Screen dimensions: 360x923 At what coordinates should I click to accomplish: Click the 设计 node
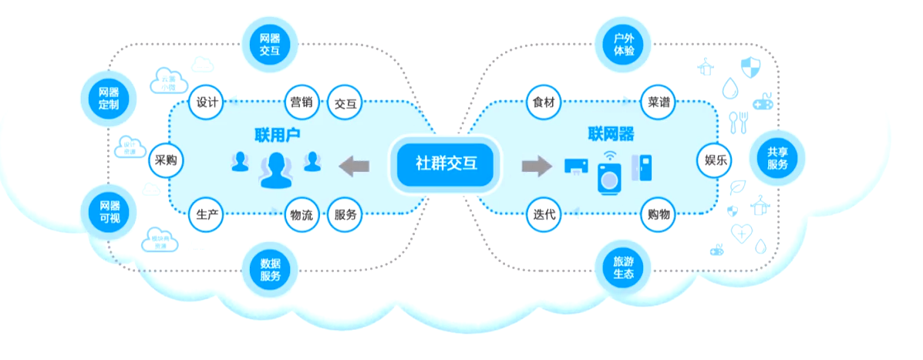(x=206, y=102)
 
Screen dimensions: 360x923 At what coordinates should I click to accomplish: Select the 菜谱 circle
(x=659, y=102)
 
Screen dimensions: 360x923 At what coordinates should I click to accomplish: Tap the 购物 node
(x=659, y=216)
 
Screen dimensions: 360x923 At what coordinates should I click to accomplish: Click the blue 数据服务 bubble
(x=270, y=269)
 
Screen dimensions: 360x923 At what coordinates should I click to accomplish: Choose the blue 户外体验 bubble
(x=624, y=45)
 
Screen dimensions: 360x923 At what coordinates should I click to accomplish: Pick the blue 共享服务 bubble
(x=777, y=159)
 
